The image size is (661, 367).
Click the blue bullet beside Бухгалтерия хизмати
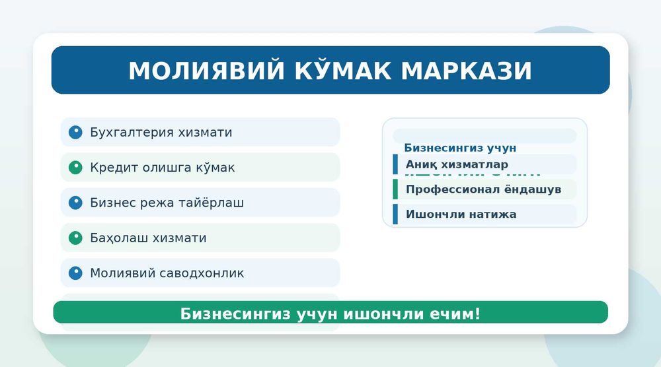click(x=75, y=132)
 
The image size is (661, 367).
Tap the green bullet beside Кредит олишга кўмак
click(x=75, y=168)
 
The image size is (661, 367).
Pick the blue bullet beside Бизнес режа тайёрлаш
click(x=75, y=203)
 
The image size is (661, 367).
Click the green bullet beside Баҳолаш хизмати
click(x=75, y=238)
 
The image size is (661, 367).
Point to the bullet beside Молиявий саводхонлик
click(x=75, y=273)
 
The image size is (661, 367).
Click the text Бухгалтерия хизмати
click(x=161, y=133)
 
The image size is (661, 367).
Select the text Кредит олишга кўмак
click(x=162, y=168)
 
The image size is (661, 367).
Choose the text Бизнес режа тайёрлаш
click(x=167, y=203)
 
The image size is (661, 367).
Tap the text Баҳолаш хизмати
click(x=148, y=238)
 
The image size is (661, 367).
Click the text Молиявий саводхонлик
click(x=167, y=273)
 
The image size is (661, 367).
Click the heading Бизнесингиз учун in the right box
click(x=460, y=148)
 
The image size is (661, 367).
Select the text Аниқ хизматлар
click(x=457, y=164)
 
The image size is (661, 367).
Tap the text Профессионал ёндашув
click(x=483, y=189)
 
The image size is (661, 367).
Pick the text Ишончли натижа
click(x=461, y=215)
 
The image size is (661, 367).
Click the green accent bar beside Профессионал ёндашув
click(x=395, y=189)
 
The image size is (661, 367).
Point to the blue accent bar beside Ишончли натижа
click(x=395, y=215)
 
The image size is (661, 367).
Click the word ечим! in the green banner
click(x=455, y=314)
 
